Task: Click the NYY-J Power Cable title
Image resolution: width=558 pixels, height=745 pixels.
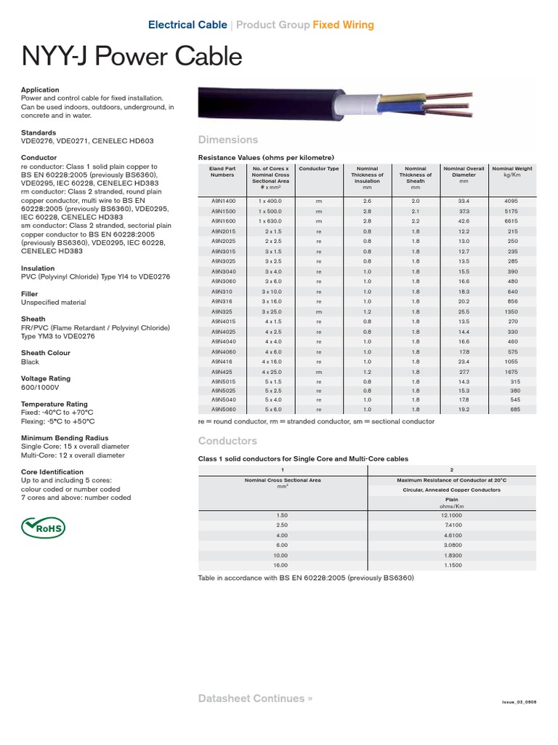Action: coord(132,57)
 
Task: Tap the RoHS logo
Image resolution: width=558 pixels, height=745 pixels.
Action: coord(44,526)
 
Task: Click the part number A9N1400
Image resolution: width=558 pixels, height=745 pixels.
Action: coord(222,201)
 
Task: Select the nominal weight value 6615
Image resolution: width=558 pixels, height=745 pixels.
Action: coord(511,221)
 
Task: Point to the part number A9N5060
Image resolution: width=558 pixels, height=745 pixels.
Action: coord(222,410)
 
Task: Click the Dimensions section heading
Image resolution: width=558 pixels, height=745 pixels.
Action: coord(227,139)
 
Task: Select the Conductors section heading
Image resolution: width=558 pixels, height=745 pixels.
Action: coord(227,441)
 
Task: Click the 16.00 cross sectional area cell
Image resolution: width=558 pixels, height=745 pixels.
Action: coord(283,565)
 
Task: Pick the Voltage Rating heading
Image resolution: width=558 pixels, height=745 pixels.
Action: coord(48,378)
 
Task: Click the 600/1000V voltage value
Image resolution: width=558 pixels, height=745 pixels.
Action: coord(42,387)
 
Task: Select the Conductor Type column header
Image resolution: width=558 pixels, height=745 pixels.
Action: coord(318,169)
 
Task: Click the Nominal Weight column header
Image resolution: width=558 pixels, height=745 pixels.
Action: coord(511,172)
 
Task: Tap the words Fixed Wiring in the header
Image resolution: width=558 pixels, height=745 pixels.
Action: coord(343,25)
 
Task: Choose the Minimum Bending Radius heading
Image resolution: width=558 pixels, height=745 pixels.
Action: coord(62,438)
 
